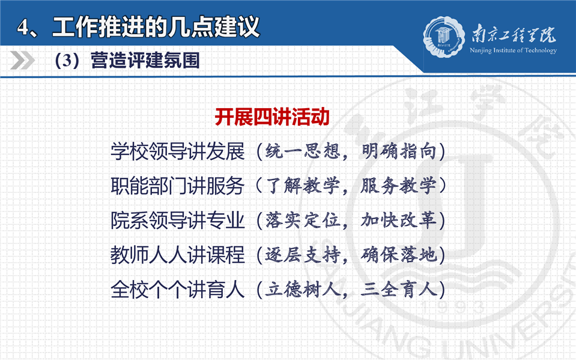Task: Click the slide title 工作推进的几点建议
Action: coord(156,27)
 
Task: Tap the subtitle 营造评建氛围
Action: coord(145,60)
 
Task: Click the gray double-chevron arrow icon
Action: coord(22,60)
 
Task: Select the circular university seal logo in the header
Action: coord(444,37)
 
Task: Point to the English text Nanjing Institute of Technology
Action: coord(513,50)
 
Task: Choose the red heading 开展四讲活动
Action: coord(272,117)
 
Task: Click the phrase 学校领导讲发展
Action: coord(178,151)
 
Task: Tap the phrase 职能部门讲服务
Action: coord(178,186)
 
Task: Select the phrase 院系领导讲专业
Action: coord(178,220)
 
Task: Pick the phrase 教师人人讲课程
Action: coord(178,255)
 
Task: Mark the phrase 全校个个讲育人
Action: coord(178,290)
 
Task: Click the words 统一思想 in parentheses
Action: coord(303,151)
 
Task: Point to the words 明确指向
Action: coord(399,151)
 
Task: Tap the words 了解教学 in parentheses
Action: coord(303,186)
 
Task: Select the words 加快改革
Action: coord(399,220)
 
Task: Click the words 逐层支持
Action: coord(303,255)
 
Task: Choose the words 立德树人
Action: coord(303,290)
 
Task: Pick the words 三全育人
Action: coord(399,290)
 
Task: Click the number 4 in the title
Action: coord(23,28)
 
